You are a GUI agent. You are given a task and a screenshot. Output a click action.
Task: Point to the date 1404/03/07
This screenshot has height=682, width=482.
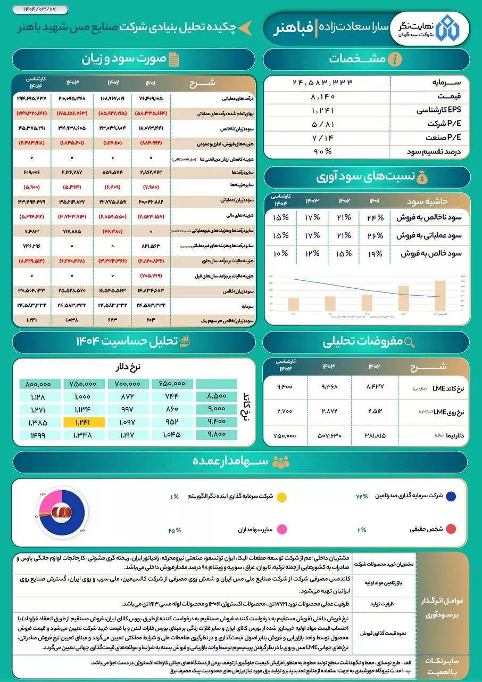point(32,9)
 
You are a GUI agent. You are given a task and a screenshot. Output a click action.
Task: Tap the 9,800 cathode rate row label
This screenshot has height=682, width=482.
point(217,435)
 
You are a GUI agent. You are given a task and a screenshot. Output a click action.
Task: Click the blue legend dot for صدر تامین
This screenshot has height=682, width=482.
point(451,497)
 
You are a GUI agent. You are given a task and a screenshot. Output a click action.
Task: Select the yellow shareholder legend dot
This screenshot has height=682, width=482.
point(282,497)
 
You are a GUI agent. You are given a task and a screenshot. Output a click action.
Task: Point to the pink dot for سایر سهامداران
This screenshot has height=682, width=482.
point(282,530)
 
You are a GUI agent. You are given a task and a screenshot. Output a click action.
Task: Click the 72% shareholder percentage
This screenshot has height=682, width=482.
point(362,497)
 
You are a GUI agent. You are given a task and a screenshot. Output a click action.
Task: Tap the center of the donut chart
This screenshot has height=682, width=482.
point(62,512)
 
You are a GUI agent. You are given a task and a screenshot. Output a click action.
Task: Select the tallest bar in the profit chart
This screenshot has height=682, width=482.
point(439,295)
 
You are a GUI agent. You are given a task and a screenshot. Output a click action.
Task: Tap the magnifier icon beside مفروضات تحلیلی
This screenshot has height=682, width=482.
point(410,342)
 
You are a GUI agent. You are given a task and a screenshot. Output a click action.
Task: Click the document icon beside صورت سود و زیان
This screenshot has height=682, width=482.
point(173,59)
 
